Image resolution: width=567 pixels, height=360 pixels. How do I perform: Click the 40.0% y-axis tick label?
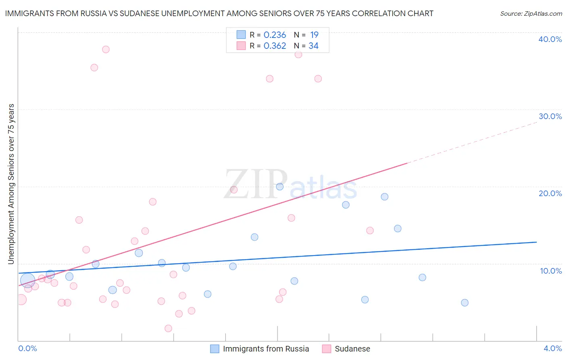pyautogui.click(x=550, y=39)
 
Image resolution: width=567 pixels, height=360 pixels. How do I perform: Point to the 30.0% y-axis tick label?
pyautogui.click(x=550, y=116)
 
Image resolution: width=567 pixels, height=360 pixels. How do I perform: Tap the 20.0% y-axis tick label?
pyautogui.click(x=550, y=193)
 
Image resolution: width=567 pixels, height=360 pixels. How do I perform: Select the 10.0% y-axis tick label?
pyautogui.click(x=551, y=271)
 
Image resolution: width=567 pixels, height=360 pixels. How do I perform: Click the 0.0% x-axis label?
pyautogui.click(x=27, y=348)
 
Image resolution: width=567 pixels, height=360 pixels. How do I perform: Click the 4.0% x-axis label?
pyautogui.click(x=552, y=348)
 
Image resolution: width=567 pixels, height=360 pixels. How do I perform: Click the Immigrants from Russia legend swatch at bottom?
pyautogui.click(x=215, y=349)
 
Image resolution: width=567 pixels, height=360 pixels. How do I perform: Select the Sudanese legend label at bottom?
pyautogui.click(x=352, y=349)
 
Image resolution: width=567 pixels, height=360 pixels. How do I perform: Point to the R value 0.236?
pyautogui.click(x=275, y=35)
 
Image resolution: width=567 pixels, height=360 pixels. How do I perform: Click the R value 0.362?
pyautogui.click(x=275, y=46)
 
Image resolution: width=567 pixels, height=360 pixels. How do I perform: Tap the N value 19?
pyautogui.click(x=314, y=35)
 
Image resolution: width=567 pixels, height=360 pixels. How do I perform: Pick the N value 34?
pyautogui.click(x=313, y=46)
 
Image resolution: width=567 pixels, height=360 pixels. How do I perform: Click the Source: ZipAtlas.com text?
pyautogui.click(x=531, y=13)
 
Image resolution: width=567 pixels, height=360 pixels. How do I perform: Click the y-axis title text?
pyautogui.click(x=11, y=184)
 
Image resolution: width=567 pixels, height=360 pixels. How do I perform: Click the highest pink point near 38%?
pyautogui.click(x=106, y=49)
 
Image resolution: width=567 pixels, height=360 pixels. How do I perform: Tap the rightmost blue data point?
pyautogui.click(x=465, y=303)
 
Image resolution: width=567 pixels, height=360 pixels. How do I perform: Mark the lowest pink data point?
pyautogui.click(x=169, y=329)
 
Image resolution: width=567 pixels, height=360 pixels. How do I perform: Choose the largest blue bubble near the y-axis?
pyautogui.click(x=27, y=280)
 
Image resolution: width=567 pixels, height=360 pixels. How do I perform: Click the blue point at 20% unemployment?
pyautogui.click(x=279, y=186)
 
